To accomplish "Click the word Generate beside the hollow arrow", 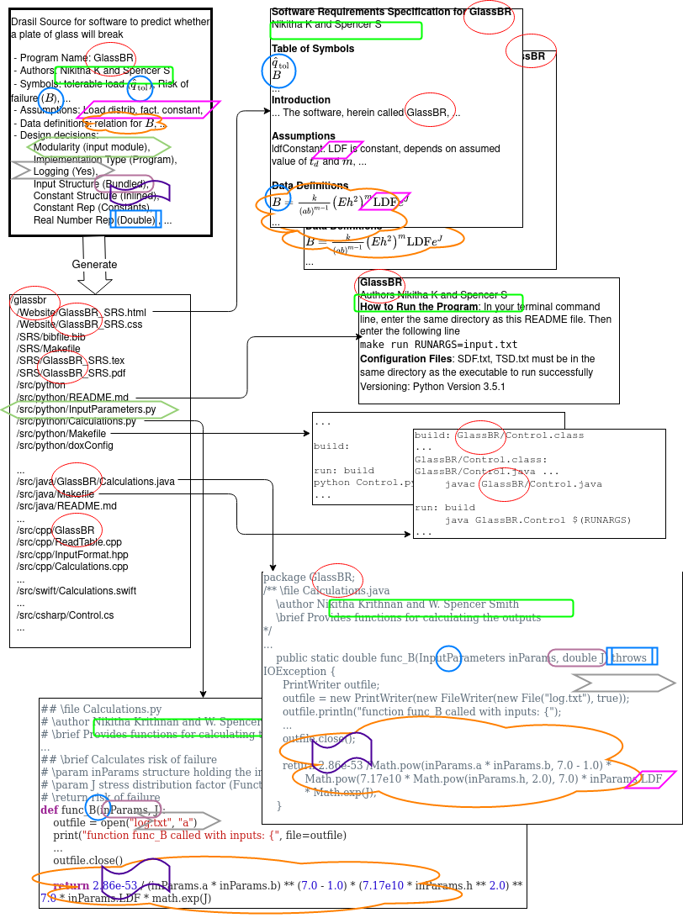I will [x=94, y=264].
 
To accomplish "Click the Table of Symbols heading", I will [x=312, y=49].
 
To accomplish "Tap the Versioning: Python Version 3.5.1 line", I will [x=432, y=387].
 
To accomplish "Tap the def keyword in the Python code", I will [x=49, y=810].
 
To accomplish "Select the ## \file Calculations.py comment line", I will [x=101, y=710].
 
